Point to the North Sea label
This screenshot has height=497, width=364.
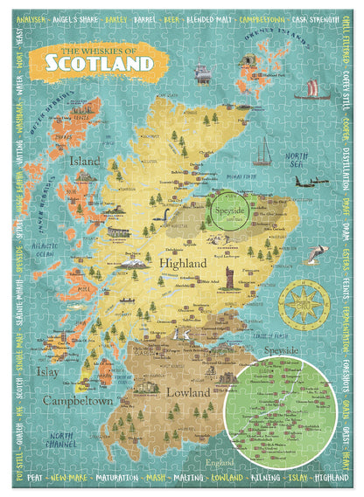[x=297, y=158]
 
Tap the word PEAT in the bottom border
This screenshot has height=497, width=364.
[x=35, y=478]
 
